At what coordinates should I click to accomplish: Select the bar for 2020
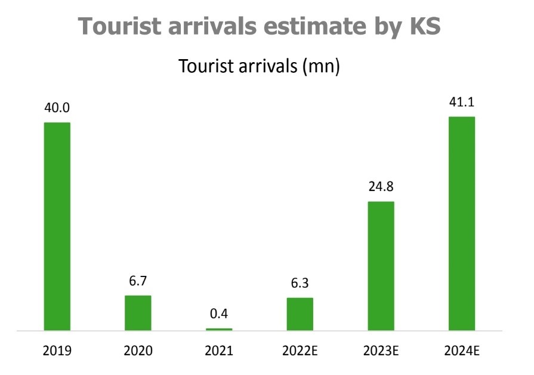click(x=138, y=312)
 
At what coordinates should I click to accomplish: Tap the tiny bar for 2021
click(x=219, y=329)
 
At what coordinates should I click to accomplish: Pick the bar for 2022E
click(x=300, y=313)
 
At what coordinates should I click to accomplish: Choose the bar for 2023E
click(x=381, y=266)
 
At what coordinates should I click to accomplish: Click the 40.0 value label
click(x=57, y=109)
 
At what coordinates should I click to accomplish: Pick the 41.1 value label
click(x=462, y=103)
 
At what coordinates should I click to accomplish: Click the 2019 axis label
click(x=57, y=351)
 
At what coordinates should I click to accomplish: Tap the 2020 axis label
click(x=138, y=351)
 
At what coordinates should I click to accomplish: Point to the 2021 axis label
click(x=219, y=351)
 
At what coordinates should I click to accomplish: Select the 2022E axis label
click(x=300, y=351)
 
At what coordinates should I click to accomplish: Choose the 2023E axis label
click(x=381, y=351)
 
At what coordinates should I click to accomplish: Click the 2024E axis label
click(x=462, y=351)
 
